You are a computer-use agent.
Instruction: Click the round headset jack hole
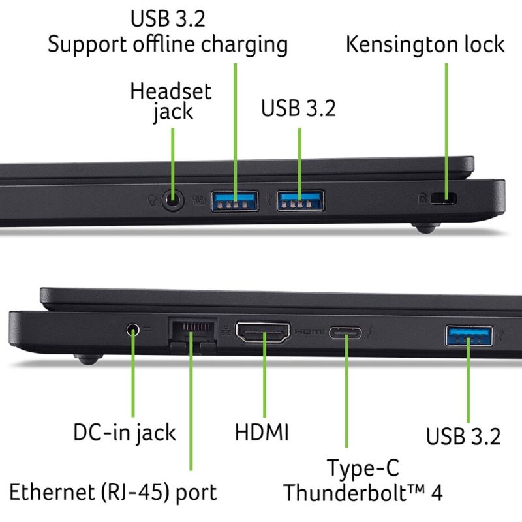(x=172, y=200)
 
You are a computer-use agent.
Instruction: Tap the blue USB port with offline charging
(x=235, y=201)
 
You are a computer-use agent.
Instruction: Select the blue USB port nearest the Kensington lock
(x=301, y=201)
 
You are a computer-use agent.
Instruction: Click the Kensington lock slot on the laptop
(x=444, y=198)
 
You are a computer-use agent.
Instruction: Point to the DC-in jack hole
(x=133, y=330)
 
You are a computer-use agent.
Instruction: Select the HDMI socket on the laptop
(x=263, y=332)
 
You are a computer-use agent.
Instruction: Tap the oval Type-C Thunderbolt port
(x=345, y=333)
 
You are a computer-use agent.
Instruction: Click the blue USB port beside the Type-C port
(x=469, y=335)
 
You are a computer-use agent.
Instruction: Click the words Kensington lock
(x=425, y=44)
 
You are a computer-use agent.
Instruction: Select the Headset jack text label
(x=171, y=101)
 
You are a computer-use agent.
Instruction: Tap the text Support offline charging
(x=168, y=44)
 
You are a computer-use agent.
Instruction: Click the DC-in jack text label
(x=125, y=433)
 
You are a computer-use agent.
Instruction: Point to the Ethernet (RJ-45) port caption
(x=113, y=492)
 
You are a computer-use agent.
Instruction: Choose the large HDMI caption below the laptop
(x=262, y=432)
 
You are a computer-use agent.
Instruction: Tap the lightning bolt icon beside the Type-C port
(x=370, y=332)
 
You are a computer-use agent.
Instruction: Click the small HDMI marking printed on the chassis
(x=309, y=331)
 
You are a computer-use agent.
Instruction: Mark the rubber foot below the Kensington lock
(x=426, y=228)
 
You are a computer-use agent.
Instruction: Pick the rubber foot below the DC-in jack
(x=88, y=360)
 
